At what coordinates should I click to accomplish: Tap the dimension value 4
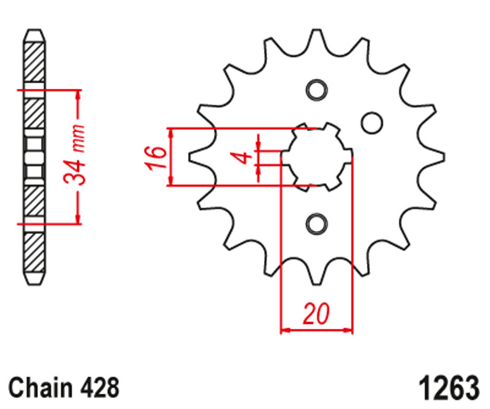point(245,157)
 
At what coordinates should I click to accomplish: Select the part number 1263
point(448,387)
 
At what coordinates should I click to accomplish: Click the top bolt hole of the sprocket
point(317,90)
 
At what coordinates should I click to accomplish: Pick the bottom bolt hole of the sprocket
point(317,224)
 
